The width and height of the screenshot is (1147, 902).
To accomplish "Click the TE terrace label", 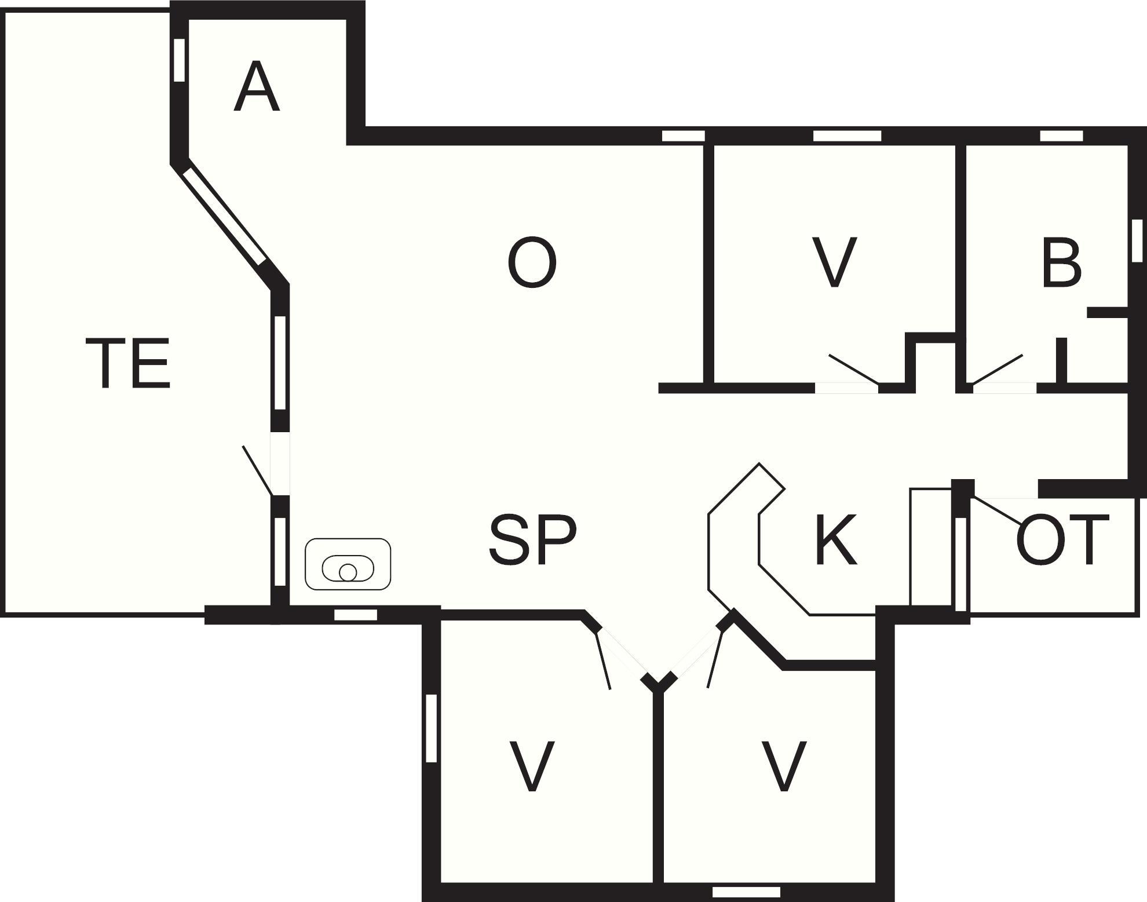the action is tap(128, 364).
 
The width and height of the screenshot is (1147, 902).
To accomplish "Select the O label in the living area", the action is tap(532, 262).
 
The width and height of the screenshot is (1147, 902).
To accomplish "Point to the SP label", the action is tap(533, 540).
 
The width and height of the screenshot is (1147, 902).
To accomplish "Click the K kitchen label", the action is tap(836, 540).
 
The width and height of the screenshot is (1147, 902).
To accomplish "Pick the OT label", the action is tap(1062, 540).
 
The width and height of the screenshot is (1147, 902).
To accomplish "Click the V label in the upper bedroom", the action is tap(834, 262).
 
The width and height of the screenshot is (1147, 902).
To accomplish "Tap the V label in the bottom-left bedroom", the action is tap(532, 766).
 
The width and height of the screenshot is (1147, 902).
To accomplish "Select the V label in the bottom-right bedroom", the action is tap(784, 766).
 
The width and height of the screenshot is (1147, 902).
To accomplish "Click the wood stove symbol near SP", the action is tap(348, 564).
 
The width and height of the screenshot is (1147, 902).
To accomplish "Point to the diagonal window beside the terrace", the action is tap(224, 216).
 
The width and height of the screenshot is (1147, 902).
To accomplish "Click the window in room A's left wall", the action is tap(180, 60).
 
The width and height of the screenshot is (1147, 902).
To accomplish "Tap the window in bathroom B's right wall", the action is tap(1137, 240).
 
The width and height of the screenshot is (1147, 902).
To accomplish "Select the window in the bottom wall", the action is tap(746, 892).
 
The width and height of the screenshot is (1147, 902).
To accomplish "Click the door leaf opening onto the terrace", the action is tap(257, 470).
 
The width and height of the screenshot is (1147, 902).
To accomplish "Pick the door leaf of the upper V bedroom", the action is tap(854, 369).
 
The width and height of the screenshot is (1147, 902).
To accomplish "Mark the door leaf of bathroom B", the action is tap(998, 369).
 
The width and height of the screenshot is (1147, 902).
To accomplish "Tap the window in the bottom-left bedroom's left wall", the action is tap(431, 728).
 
